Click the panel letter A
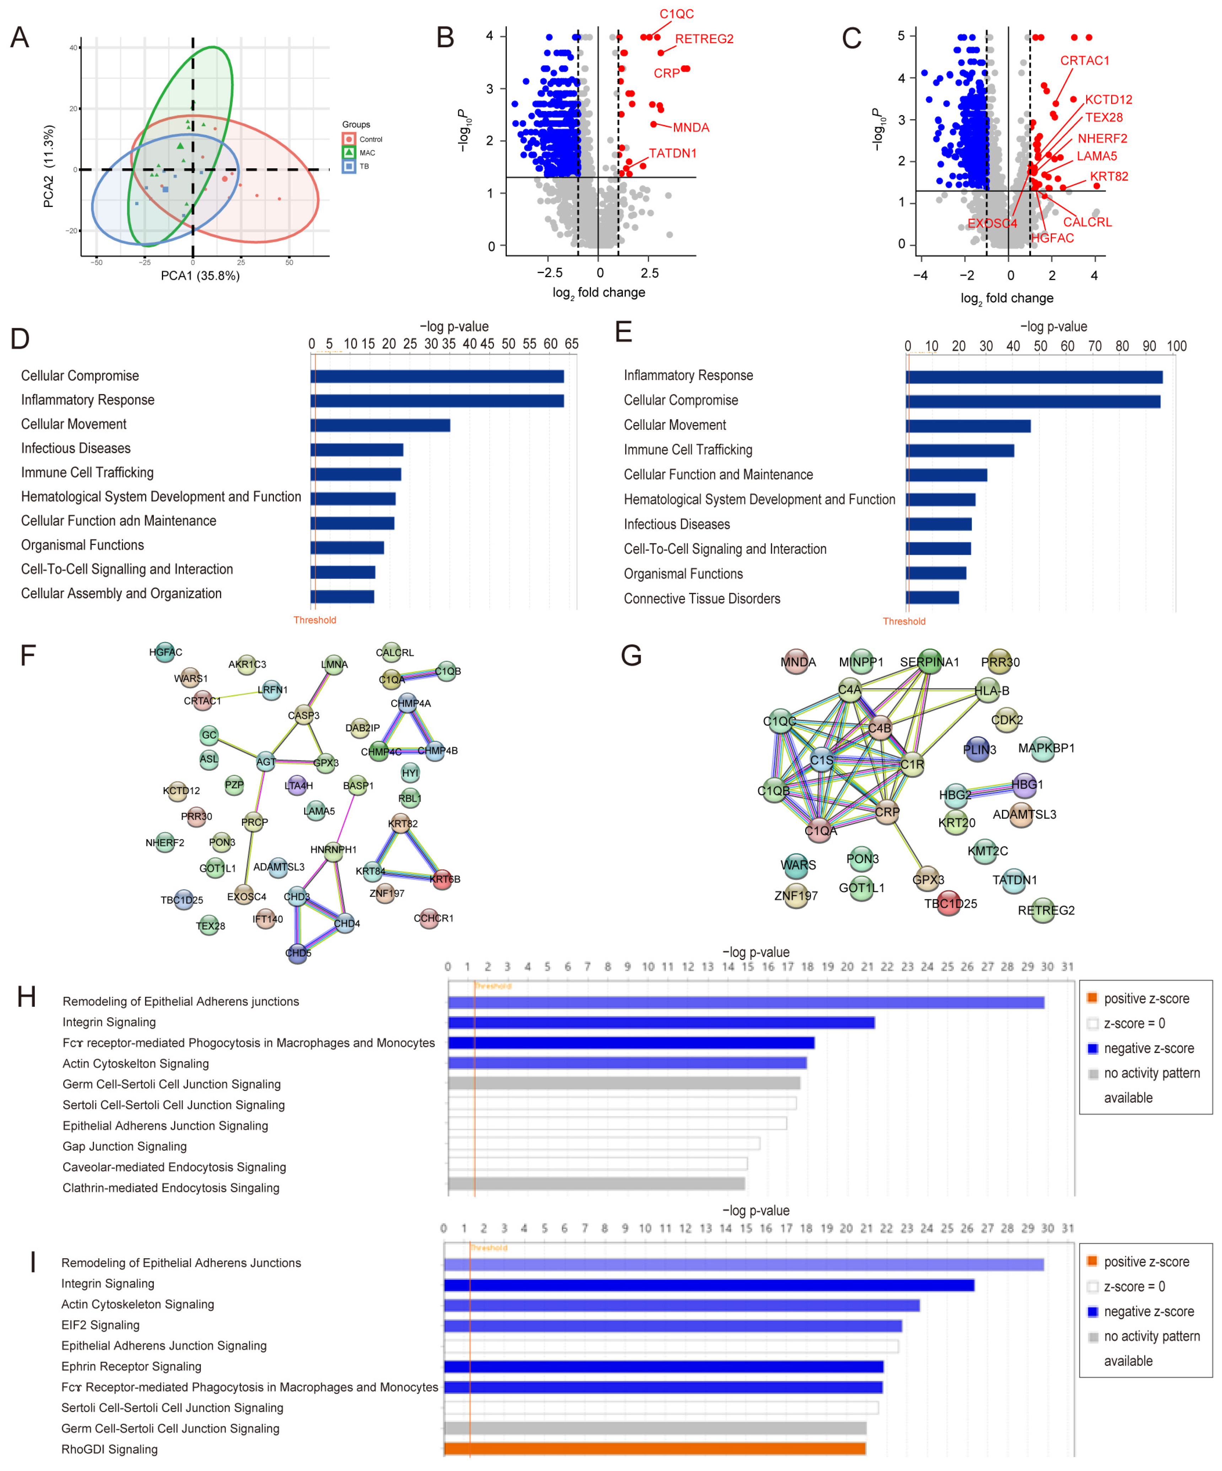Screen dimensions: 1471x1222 (x=20, y=38)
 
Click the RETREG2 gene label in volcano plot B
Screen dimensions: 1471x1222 (x=704, y=39)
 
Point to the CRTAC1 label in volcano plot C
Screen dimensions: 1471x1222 (x=1084, y=61)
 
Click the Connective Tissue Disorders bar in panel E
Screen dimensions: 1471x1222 (x=932, y=597)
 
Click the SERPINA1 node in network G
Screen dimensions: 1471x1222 (x=929, y=662)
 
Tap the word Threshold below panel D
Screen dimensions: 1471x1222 (x=314, y=620)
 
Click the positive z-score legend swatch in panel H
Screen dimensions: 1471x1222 (x=1092, y=998)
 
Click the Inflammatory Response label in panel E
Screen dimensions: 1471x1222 (x=688, y=375)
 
